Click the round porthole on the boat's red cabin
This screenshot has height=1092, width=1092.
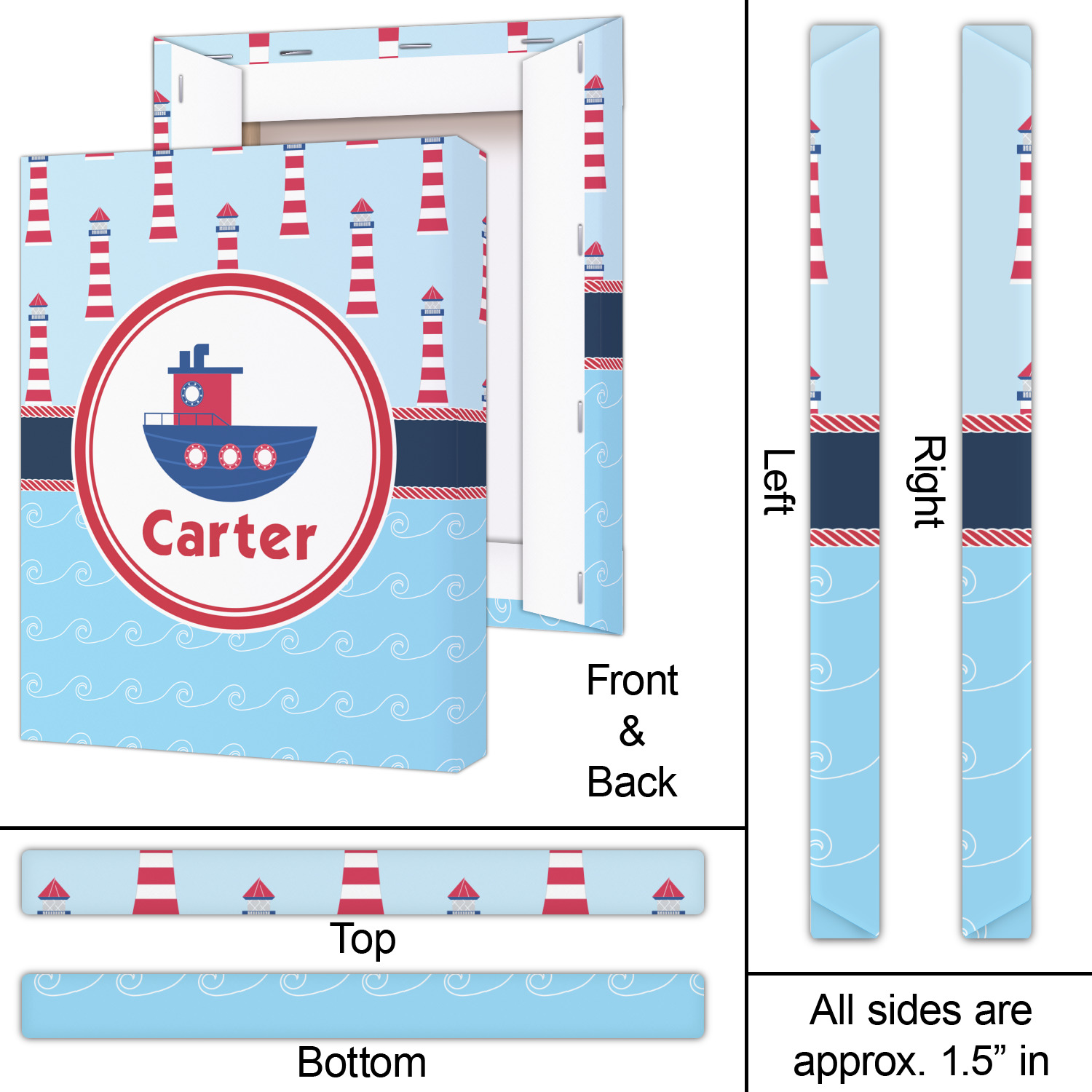tap(191, 393)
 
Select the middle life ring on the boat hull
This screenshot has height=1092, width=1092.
tap(230, 457)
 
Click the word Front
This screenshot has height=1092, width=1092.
tap(632, 681)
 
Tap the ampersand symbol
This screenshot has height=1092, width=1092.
tap(632, 731)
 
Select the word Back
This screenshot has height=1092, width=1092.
tap(632, 782)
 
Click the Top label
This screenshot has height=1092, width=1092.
tap(363, 939)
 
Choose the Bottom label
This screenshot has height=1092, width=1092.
tap(362, 1062)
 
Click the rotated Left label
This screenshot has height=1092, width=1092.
tap(778, 482)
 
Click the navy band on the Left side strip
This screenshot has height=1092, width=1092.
tap(844, 480)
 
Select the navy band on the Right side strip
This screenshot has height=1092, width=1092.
tap(996, 480)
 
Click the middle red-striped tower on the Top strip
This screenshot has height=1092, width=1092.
tap(361, 882)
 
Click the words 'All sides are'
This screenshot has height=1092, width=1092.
tap(921, 1010)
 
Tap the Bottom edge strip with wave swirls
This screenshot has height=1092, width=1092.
tap(363, 1005)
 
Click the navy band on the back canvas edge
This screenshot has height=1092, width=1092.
tap(604, 325)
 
